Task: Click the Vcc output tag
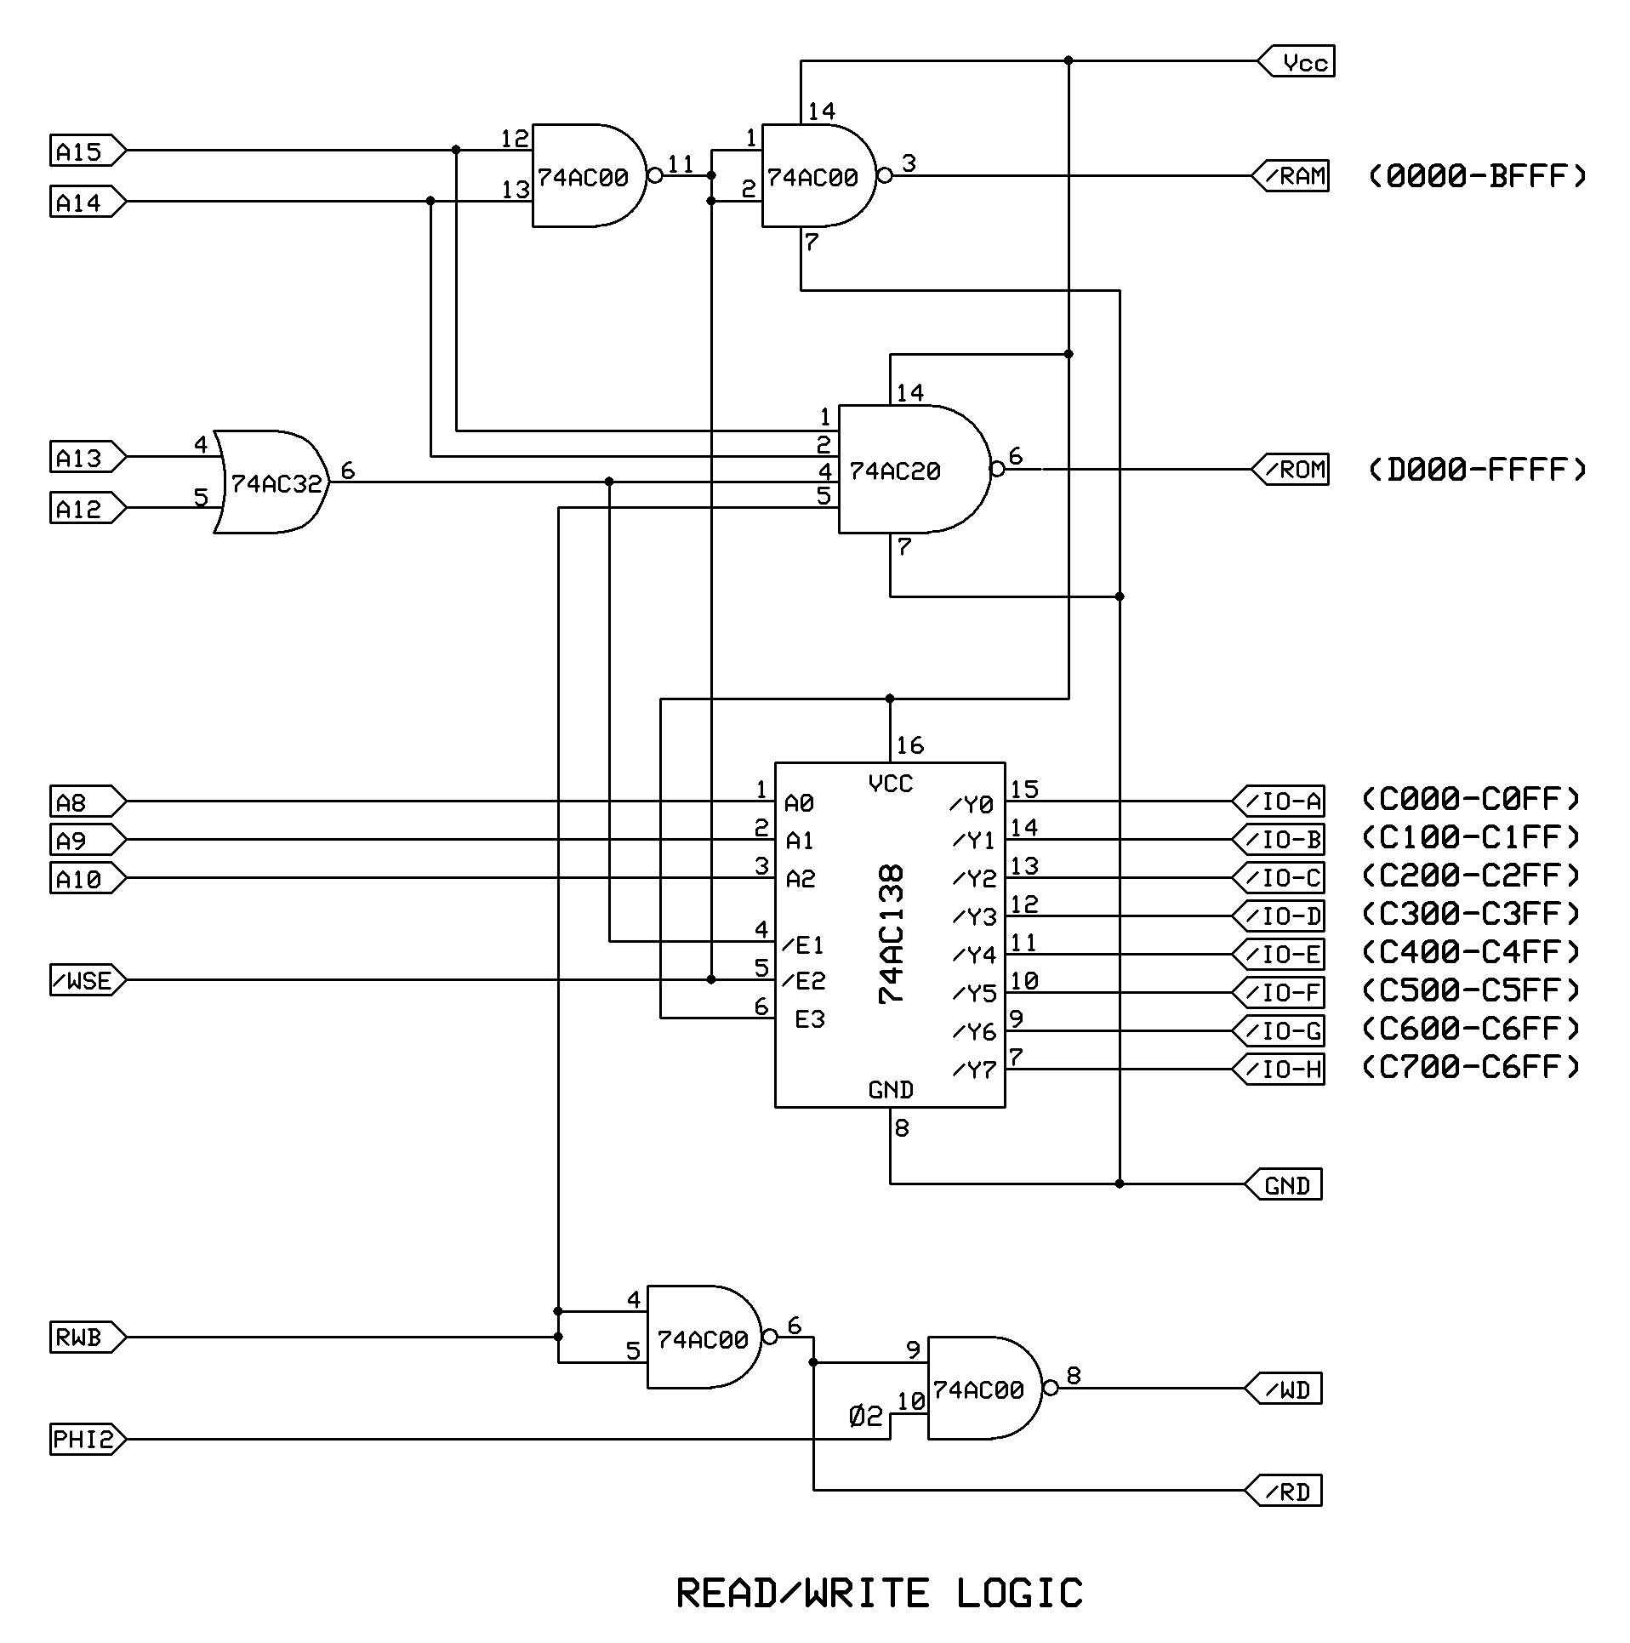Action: pyautogui.click(x=1298, y=62)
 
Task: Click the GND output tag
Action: pyautogui.click(x=1285, y=1184)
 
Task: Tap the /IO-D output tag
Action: pyautogui.click(x=1280, y=916)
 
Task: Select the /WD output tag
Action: pyautogui.click(x=1285, y=1390)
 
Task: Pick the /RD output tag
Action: pyautogui.click(x=1285, y=1491)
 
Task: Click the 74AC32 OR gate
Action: pyautogui.click(x=272, y=482)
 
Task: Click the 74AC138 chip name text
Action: pyautogui.click(x=892, y=934)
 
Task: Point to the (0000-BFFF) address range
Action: pyautogui.click(x=1477, y=176)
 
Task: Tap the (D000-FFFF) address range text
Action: pyautogui.click(x=1477, y=470)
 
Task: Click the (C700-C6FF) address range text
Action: pyautogui.click(x=1471, y=1067)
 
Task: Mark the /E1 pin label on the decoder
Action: pyautogui.click(x=804, y=944)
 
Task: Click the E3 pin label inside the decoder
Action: pyautogui.click(x=809, y=1018)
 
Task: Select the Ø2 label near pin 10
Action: pyautogui.click(x=866, y=1417)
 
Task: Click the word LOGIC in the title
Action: pyautogui.click(x=1019, y=1594)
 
